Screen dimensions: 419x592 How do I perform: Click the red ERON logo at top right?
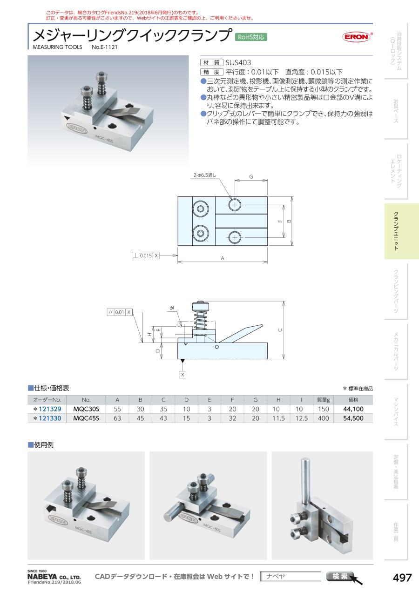click(x=356, y=37)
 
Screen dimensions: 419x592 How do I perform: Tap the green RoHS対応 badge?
click(x=251, y=37)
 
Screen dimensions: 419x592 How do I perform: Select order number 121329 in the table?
click(x=50, y=409)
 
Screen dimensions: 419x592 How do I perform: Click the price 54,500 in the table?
click(x=353, y=418)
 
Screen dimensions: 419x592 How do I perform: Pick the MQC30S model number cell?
click(x=86, y=409)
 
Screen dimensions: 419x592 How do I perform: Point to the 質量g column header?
click(x=323, y=400)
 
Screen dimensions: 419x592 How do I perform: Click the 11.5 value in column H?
click(x=278, y=418)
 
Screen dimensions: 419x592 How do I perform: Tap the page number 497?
click(x=402, y=578)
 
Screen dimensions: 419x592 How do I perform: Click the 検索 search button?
click(x=340, y=576)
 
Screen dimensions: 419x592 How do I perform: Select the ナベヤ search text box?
click(x=291, y=576)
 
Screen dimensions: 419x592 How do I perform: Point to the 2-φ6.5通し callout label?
click(x=204, y=175)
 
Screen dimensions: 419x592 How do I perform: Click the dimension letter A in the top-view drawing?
click(x=223, y=258)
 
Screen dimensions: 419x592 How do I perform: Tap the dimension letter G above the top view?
click(x=251, y=176)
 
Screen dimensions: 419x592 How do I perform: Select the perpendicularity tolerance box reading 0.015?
click(x=146, y=256)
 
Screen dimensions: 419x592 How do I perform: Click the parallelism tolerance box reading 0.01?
click(x=120, y=312)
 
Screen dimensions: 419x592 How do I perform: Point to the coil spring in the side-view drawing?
click(x=201, y=320)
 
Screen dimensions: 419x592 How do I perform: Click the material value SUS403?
click(x=238, y=63)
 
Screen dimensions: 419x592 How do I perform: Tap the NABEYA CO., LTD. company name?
click(x=54, y=577)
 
